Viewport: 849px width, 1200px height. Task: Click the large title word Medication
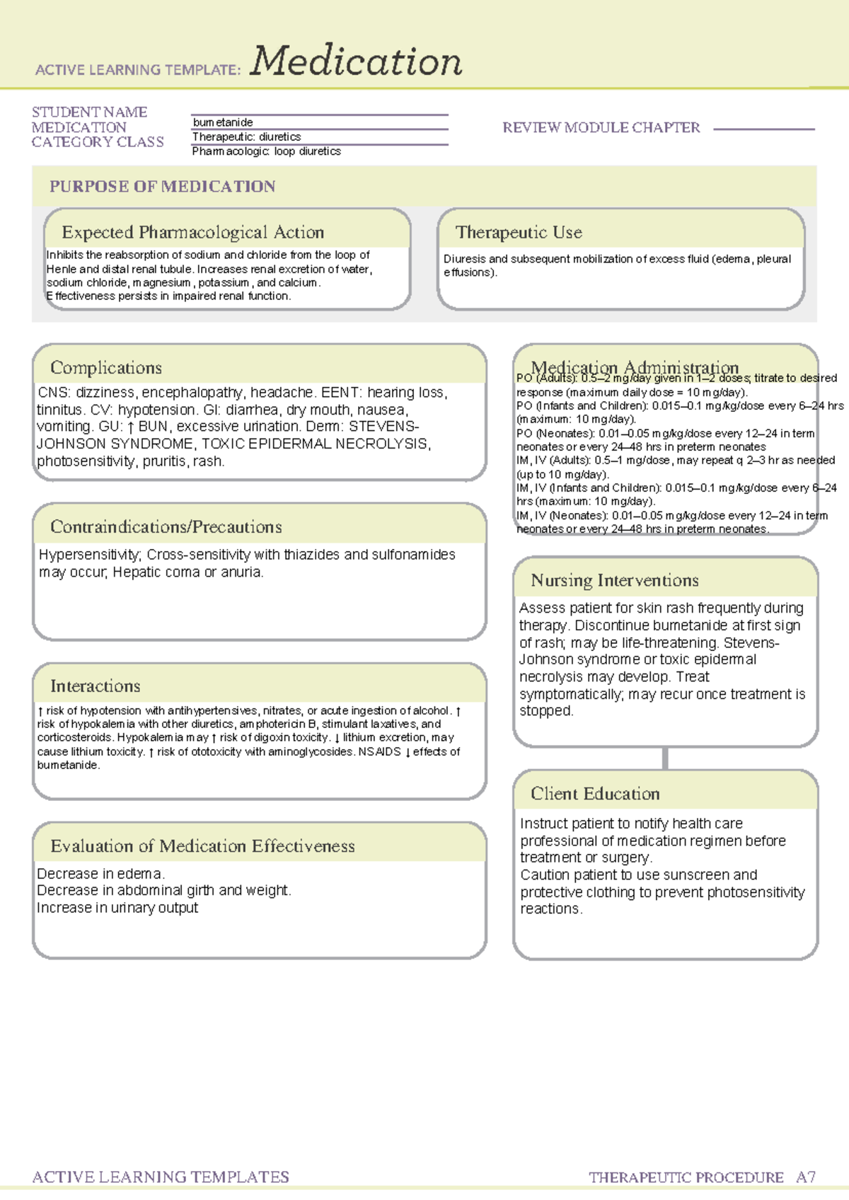356,62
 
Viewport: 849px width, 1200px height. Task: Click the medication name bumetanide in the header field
223,122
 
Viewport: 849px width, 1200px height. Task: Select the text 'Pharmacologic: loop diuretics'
266,151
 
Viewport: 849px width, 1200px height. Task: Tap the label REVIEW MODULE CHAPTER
601,128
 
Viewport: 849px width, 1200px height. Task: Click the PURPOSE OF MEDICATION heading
162,187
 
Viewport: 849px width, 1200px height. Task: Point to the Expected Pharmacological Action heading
192,232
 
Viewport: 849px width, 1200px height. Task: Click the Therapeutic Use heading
519,232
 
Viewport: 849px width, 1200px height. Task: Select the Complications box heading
106,368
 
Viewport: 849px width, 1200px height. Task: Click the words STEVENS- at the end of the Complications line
383,427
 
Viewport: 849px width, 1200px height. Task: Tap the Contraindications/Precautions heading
166,527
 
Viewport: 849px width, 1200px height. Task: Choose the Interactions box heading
95,686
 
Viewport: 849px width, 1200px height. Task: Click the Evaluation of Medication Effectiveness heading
202,846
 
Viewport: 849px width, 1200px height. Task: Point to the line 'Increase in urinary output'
117,908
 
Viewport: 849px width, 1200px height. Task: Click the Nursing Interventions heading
614,581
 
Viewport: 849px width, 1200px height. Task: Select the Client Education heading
595,794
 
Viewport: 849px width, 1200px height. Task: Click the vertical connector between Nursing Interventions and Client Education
665,758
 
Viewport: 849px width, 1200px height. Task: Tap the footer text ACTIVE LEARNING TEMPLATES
161,1177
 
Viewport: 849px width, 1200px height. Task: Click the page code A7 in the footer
806,1177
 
